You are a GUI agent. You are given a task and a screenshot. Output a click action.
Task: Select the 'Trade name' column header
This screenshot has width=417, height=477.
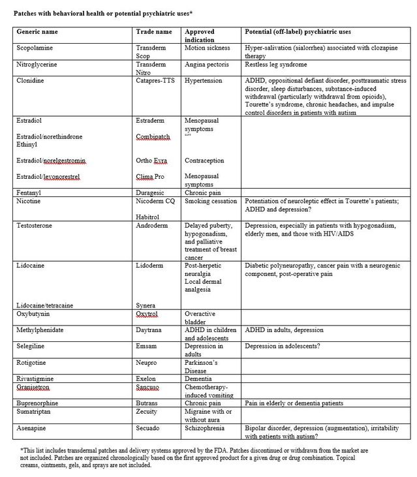(x=153, y=31)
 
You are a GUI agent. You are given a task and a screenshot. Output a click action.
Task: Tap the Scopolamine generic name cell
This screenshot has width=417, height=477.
(x=36, y=48)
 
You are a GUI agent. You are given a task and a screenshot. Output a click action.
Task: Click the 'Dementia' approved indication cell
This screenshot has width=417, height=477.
(x=198, y=378)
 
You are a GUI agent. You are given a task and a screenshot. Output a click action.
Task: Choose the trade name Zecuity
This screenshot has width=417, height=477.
(x=149, y=412)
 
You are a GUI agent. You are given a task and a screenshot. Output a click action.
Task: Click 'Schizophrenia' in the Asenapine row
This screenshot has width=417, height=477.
(x=205, y=428)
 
